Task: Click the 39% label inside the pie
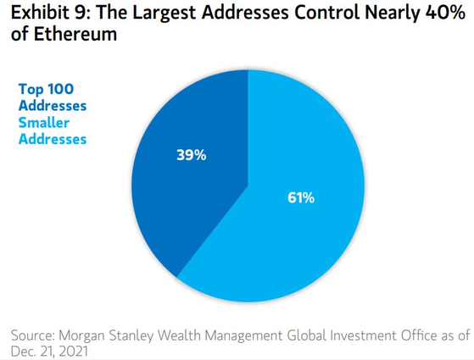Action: pos(192,155)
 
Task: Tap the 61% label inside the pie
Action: pos(301,198)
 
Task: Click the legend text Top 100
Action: pos(46,90)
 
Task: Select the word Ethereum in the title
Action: pos(75,34)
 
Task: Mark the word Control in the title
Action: pos(327,13)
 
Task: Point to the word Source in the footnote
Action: pos(33,335)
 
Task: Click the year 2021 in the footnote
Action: pos(74,352)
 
